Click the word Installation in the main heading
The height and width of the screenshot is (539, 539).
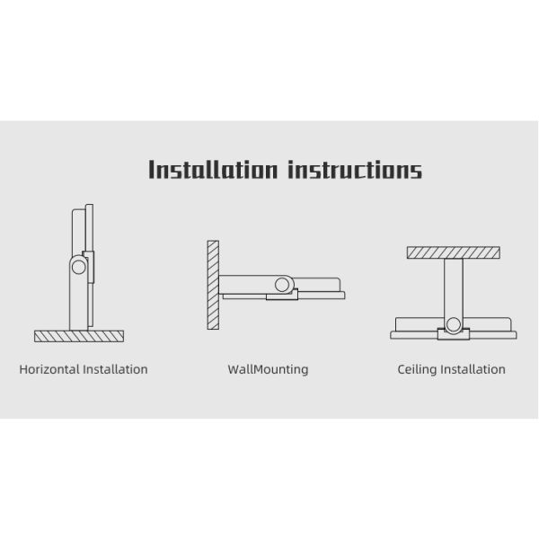213,169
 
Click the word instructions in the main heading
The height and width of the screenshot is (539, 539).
355,169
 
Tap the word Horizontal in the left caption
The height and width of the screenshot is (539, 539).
49,369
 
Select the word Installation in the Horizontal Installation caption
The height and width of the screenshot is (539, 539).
116,369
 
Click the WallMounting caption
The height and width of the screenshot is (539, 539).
268,369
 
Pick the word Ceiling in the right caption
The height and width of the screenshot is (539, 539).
418,369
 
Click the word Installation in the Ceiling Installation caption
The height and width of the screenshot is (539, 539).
473,369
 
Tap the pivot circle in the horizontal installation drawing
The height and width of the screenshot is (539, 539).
79,267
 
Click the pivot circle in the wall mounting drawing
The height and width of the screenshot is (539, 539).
282,285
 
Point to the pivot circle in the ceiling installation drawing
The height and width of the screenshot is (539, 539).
454,325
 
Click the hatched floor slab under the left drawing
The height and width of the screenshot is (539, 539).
79,336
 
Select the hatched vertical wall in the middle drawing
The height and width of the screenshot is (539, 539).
213,285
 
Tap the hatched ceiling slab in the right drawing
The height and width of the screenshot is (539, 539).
454,252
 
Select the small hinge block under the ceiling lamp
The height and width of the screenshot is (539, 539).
454,334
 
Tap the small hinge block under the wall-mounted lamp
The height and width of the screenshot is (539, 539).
282,295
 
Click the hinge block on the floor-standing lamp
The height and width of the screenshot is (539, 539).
90,267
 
